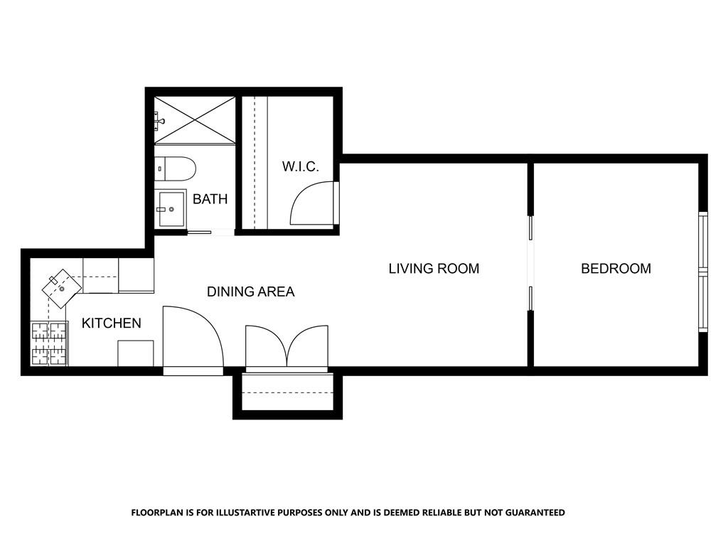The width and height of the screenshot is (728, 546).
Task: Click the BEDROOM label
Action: click(616, 268)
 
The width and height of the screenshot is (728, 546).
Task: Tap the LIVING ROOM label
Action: click(434, 268)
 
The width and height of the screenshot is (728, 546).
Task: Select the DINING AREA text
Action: click(250, 291)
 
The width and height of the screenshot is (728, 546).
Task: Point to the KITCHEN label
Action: click(112, 323)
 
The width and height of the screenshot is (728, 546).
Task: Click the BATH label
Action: click(210, 199)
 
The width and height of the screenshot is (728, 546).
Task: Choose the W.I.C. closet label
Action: click(301, 166)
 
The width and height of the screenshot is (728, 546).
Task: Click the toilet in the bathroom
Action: click(175, 169)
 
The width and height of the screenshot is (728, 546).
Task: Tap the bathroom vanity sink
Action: click(171, 208)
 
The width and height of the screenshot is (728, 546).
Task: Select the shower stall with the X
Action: click(195, 119)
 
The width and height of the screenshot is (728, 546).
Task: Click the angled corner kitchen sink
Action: click(62, 289)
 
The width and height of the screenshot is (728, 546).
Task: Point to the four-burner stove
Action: click(49, 343)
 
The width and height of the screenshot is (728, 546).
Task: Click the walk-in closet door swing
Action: click(312, 203)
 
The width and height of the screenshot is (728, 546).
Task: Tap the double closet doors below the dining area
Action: click(287, 346)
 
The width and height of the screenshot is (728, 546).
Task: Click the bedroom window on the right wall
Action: click(703, 272)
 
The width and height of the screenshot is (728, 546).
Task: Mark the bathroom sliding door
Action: click(200, 232)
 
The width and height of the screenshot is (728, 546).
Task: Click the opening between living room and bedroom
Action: click(530, 263)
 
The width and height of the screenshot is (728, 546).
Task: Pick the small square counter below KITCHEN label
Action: click(136, 353)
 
